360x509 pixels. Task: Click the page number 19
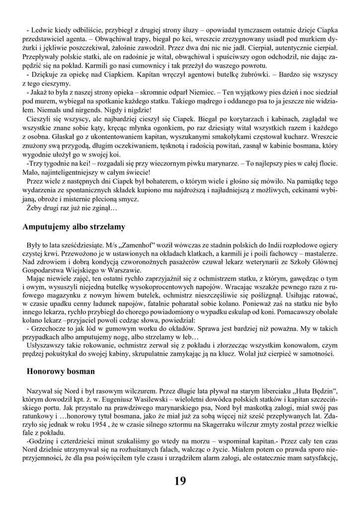(x=180, y=481)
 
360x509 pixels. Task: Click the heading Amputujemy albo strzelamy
(x=74, y=227)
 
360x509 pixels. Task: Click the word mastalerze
(x=320, y=254)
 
